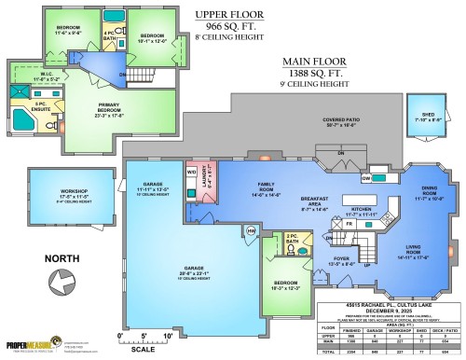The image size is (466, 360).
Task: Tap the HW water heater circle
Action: point(250,230)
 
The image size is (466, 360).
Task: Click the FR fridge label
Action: point(349,224)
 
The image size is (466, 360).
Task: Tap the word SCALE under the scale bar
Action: point(144,350)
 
